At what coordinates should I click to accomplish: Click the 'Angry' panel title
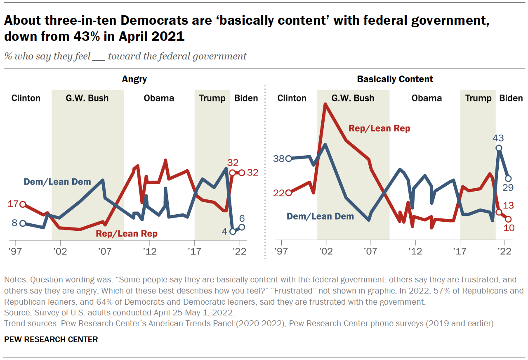(134, 79)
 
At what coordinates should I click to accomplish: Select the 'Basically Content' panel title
(395, 79)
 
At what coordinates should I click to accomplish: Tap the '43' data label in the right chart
(499, 138)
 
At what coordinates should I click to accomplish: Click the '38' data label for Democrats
(279, 159)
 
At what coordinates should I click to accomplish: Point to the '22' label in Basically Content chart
(279, 193)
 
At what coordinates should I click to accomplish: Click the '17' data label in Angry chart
(14, 204)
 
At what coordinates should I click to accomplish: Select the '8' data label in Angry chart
(14, 223)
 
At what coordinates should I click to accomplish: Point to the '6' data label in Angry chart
(242, 218)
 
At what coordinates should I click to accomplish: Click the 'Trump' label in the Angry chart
(212, 98)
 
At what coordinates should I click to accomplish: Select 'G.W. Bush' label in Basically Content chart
(353, 98)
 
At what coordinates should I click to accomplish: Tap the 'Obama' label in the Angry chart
(159, 98)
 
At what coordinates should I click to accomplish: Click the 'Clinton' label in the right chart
(292, 98)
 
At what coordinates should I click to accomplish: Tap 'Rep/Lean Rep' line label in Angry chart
(127, 234)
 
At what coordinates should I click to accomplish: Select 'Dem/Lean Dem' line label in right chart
(320, 216)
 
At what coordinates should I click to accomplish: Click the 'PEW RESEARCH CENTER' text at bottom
(51, 340)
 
